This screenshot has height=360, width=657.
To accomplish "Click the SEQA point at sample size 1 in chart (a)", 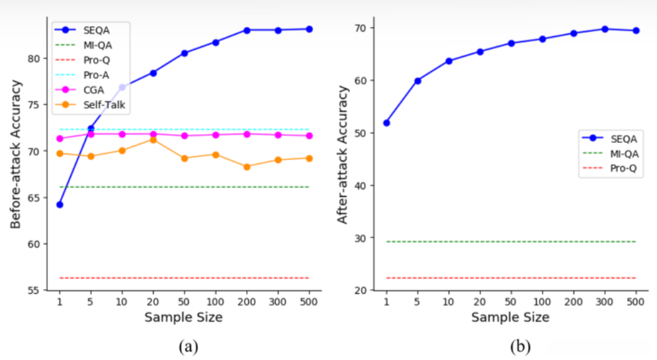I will click(60, 204).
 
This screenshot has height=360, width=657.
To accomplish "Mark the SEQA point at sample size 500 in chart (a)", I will click(309, 29).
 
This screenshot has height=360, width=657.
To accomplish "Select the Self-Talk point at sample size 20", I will click(153, 140).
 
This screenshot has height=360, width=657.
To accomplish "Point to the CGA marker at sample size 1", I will click(60, 138).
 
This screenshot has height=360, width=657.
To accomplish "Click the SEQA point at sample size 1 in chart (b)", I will click(386, 122).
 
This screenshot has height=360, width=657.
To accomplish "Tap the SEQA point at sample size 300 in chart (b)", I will click(605, 29).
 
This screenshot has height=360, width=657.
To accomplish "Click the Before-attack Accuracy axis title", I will click(16, 154).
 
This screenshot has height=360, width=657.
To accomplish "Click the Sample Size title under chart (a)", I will click(183, 318).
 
